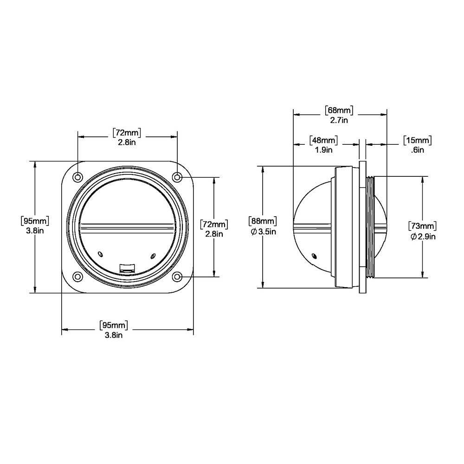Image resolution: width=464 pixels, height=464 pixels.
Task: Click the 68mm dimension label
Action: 339,110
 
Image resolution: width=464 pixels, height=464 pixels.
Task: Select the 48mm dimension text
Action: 323,140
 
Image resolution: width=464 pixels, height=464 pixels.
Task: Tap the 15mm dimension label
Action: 417,140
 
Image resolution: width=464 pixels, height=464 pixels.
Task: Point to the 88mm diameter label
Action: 263,221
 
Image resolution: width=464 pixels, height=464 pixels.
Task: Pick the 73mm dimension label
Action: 422,226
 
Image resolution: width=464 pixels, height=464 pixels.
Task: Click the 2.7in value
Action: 339,120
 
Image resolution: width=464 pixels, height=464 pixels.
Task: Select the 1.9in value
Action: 323,149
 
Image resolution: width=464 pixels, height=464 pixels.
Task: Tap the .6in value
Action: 417,149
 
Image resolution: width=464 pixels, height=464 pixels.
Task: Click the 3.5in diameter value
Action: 267,232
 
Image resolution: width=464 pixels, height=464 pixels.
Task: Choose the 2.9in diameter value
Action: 426,237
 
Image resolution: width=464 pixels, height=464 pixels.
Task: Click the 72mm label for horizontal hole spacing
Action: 127,133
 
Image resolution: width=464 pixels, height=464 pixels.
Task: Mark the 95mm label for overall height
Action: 35,220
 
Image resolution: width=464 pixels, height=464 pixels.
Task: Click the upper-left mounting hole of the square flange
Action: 77,177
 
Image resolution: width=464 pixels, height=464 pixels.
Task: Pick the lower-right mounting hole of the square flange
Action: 177,277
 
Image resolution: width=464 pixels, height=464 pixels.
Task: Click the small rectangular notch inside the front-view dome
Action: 127,267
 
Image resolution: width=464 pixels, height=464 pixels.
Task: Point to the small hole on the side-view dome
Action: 315,256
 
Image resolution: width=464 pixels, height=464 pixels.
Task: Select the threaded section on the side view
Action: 369,226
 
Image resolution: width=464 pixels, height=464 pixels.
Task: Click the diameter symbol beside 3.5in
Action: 253,232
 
